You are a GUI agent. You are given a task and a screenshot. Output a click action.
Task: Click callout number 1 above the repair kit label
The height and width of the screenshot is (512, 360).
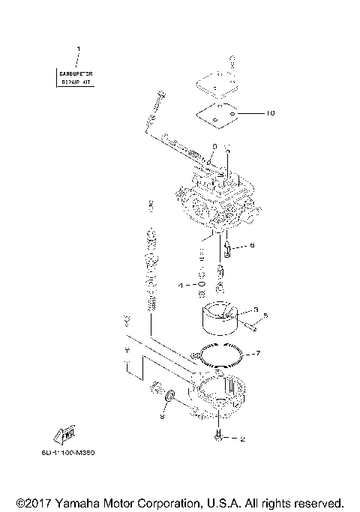[x=78, y=49]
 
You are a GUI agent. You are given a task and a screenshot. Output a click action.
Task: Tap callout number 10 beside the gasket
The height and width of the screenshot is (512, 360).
[x=271, y=114]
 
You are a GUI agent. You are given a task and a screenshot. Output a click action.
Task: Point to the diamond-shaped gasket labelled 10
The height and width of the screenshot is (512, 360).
[x=217, y=113]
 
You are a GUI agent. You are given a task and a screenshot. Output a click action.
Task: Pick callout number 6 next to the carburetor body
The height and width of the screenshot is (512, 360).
[x=252, y=244]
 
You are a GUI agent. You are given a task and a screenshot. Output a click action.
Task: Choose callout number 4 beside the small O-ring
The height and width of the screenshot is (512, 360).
[x=180, y=285]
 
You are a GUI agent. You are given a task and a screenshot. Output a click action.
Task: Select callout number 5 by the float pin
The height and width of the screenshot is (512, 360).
[x=264, y=315]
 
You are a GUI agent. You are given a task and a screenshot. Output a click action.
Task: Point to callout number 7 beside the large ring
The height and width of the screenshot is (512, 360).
[x=256, y=352]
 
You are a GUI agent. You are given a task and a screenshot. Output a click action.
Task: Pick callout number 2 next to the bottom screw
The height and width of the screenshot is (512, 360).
[x=241, y=439]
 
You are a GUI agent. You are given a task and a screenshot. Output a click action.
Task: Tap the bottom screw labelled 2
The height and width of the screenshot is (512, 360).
[x=218, y=436]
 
